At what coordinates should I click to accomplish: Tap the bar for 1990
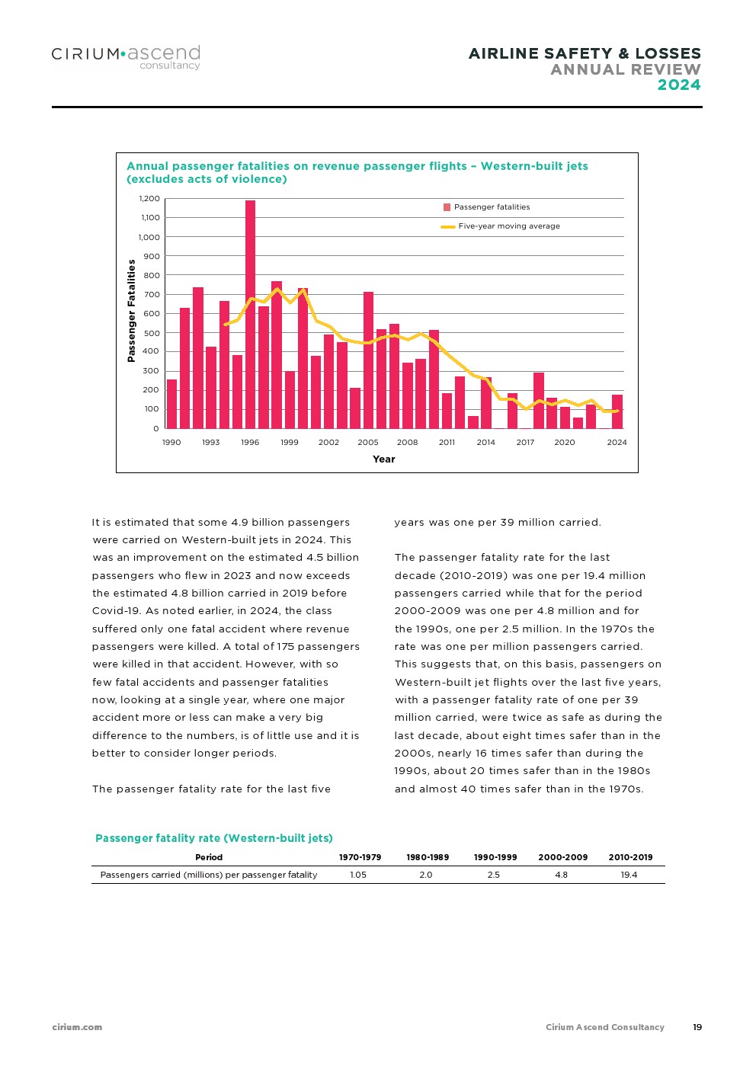pos(171,404)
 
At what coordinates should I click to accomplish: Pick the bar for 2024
pos(617,411)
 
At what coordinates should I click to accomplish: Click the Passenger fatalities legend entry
pos(487,207)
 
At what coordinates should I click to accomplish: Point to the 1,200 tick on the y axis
pos(149,199)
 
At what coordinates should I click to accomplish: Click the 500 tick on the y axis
pos(152,333)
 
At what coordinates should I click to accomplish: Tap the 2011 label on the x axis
pos(447,442)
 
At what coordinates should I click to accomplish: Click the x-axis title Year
pos(384,459)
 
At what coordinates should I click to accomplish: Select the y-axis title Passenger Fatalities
pos(131,310)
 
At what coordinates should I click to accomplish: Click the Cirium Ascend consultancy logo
pos(126,57)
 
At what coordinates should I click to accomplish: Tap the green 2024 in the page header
pos(679,85)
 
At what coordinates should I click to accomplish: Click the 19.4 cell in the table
pos(629,875)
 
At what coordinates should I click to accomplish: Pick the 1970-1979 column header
pos(360,857)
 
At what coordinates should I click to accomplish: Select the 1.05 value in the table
pos(358,875)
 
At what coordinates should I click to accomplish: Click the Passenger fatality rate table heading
pos(214,838)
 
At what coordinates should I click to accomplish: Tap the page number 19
pos(697,1027)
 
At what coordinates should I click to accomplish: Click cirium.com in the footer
pos(77,1027)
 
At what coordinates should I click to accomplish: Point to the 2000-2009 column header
pos(563,857)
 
